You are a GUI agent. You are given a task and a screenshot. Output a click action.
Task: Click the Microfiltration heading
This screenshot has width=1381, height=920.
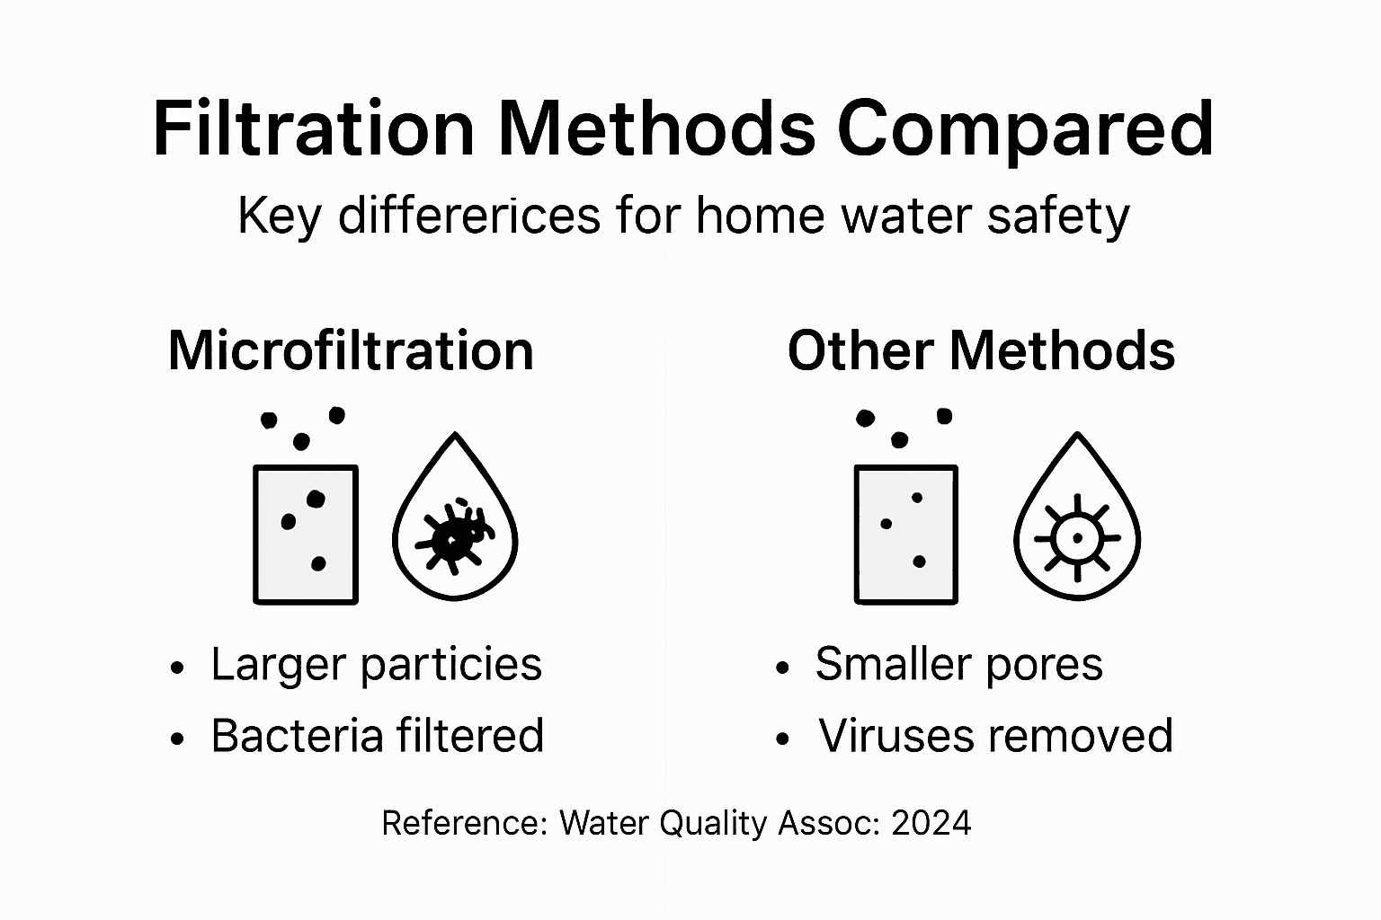(x=351, y=349)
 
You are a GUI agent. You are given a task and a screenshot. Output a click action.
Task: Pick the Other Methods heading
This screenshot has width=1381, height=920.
(x=981, y=349)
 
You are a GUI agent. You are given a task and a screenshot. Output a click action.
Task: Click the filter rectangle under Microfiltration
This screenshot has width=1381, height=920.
(x=306, y=534)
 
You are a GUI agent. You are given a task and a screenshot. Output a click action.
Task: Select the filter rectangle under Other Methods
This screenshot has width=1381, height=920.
(x=905, y=534)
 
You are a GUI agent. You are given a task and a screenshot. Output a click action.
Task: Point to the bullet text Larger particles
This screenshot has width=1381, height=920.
(x=376, y=665)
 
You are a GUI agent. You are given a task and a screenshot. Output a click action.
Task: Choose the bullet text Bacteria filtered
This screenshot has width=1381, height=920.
(x=377, y=736)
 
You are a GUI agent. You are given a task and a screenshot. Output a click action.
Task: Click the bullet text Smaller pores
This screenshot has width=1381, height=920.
(x=958, y=665)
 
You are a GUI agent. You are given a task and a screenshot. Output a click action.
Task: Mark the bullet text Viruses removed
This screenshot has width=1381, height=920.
(x=995, y=736)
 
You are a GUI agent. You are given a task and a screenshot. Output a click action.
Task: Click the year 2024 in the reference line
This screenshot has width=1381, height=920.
(x=931, y=823)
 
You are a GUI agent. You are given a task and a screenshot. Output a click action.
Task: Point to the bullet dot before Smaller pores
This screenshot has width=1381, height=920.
(x=782, y=668)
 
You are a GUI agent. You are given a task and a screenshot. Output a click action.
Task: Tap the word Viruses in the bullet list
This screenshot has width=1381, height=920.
(x=898, y=736)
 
